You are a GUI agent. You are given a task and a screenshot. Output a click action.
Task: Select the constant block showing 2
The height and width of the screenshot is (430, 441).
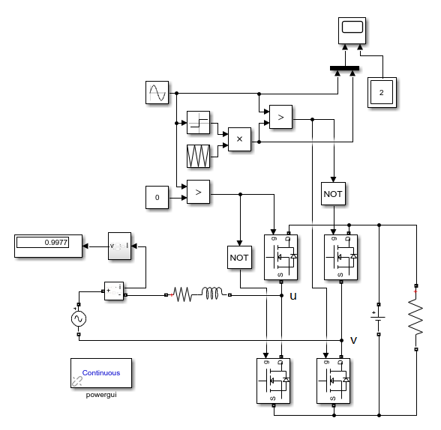[x=382, y=92]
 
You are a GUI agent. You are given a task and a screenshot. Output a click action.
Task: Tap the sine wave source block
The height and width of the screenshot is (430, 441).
[x=157, y=93]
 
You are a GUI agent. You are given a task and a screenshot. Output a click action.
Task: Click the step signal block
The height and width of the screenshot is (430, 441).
[x=199, y=122]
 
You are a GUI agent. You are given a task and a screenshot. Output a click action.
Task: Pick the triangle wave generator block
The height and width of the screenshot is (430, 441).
[x=199, y=155]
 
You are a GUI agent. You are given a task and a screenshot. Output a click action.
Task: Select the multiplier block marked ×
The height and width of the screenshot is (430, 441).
[x=239, y=139]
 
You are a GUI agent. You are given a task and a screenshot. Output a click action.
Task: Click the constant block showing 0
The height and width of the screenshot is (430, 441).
[x=157, y=198]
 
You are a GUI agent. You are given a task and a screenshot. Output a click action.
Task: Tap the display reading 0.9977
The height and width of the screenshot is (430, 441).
[x=48, y=246]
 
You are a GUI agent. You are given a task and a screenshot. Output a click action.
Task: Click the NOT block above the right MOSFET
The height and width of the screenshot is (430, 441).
[x=332, y=193]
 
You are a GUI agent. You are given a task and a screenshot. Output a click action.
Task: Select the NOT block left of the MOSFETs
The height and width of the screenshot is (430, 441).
[x=239, y=257]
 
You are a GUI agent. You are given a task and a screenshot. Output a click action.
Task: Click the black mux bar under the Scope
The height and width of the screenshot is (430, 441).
[x=344, y=69]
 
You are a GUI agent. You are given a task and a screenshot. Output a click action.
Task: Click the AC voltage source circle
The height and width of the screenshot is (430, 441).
[x=78, y=319]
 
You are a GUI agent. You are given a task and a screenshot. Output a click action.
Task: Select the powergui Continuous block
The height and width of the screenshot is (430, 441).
[x=100, y=372]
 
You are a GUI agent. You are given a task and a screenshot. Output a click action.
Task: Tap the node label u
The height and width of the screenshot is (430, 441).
[x=293, y=296]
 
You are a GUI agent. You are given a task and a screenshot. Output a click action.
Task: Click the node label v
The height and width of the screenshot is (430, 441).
[x=353, y=340]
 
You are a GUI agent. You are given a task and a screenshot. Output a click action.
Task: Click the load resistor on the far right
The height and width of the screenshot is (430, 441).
[x=415, y=318]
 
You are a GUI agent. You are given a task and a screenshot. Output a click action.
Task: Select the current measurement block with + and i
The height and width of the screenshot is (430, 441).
[x=114, y=291]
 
